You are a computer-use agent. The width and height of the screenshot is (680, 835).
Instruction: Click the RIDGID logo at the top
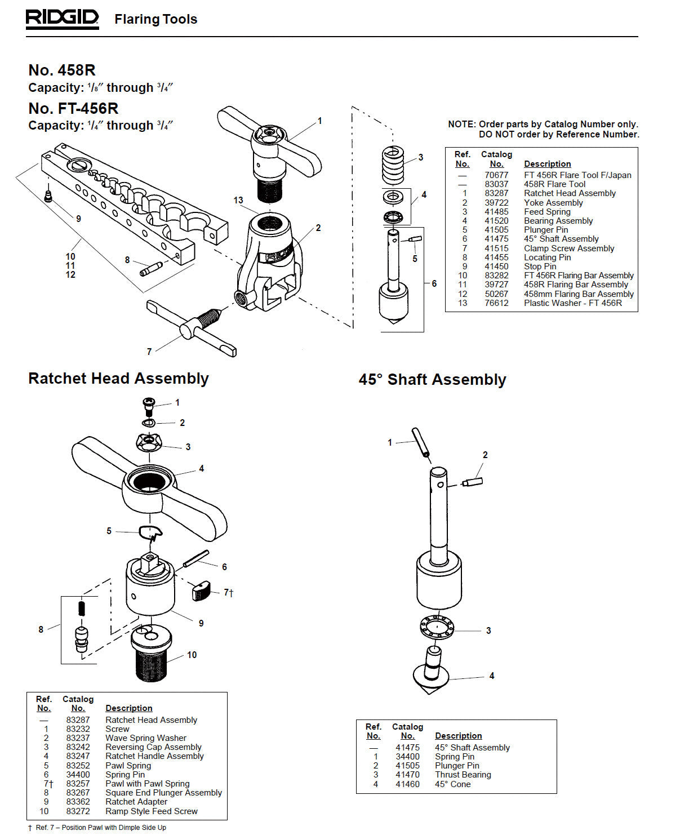(62, 19)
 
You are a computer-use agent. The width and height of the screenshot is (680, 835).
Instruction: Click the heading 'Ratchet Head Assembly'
(118, 378)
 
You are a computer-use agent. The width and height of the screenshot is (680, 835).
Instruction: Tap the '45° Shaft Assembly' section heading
(432, 379)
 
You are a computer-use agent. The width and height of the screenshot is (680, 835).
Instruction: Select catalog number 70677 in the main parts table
(496, 175)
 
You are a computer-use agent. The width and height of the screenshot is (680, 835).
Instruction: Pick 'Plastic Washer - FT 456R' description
(572, 303)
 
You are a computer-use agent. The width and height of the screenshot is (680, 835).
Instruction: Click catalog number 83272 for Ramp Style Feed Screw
(78, 811)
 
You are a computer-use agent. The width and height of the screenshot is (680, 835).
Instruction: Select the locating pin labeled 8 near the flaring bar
(151, 269)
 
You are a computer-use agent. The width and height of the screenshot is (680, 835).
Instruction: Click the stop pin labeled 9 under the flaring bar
(48, 196)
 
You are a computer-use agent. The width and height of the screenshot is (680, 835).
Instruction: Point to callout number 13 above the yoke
(238, 200)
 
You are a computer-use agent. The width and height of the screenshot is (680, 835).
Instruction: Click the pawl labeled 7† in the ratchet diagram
(201, 591)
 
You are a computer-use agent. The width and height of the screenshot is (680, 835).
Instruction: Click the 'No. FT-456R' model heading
(73, 108)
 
